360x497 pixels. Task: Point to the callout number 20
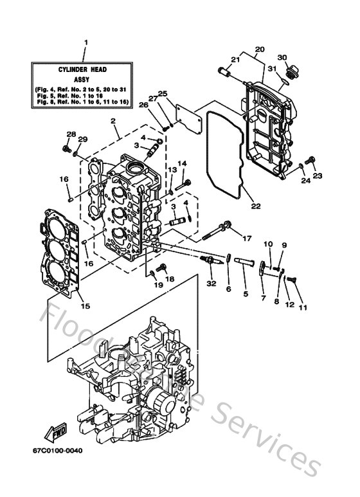coord(260,50)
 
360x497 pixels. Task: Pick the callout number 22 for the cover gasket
coord(255,206)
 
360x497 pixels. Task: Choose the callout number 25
coord(162,94)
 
